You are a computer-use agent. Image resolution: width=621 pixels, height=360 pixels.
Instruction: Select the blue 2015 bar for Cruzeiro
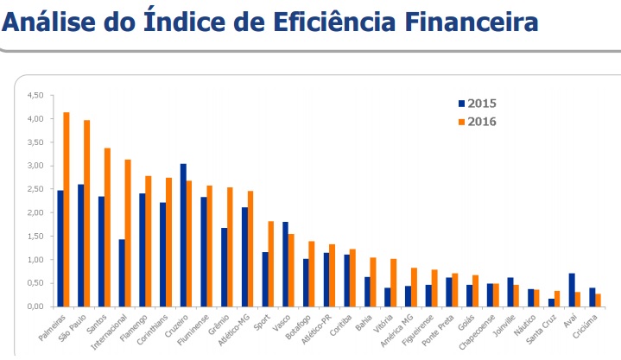click(x=183, y=235)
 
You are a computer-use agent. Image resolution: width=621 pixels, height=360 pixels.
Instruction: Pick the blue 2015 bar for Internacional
click(x=122, y=273)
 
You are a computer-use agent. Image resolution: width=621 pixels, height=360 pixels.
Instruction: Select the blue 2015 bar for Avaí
click(x=571, y=289)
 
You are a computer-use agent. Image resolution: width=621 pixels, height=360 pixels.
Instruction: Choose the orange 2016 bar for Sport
click(x=271, y=263)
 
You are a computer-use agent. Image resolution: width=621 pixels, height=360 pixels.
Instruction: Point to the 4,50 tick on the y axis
click(x=35, y=95)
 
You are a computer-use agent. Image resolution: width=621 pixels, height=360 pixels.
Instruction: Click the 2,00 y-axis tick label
click(x=35, y=212)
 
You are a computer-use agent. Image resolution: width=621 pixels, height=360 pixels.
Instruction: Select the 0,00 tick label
click(x=35, y=306)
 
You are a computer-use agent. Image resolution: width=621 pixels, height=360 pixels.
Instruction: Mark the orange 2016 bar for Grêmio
click(x=230, y=247)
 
